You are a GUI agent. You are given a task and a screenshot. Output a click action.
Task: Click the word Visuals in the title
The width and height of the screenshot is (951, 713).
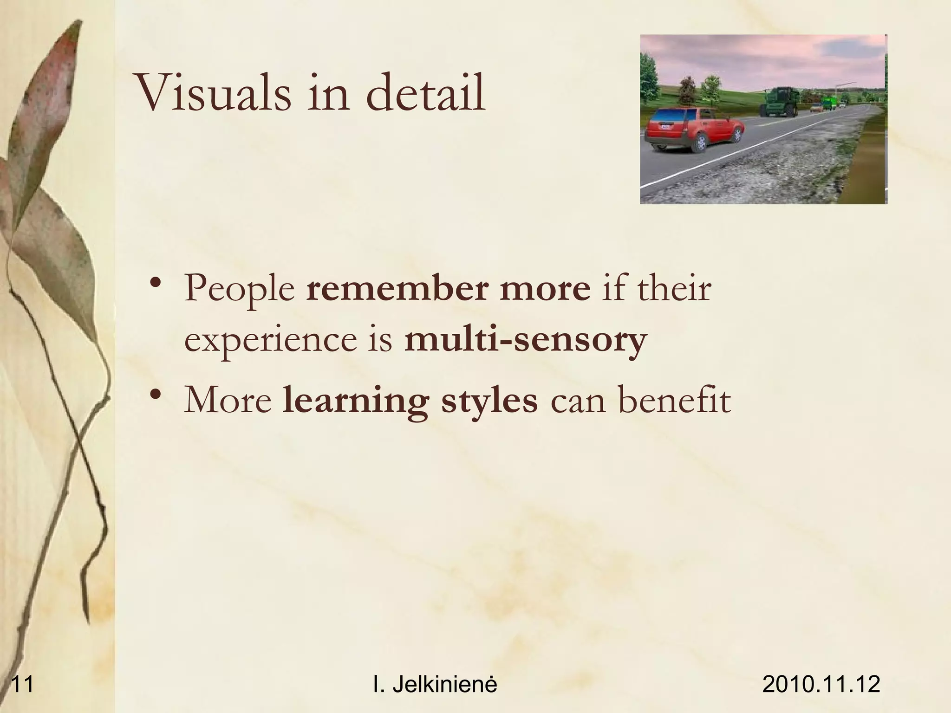(x=213, y=92)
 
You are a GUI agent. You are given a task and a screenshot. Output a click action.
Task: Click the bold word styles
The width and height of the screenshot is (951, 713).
(x=489, y=400)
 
